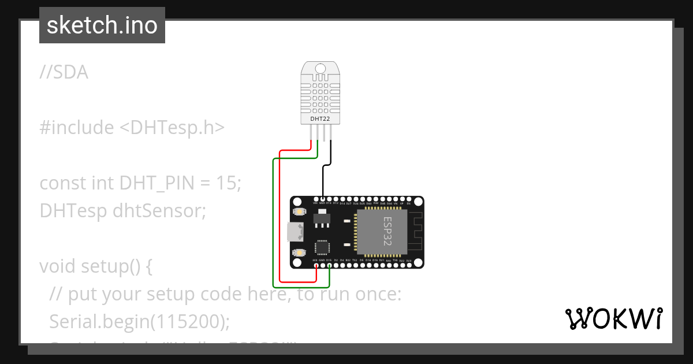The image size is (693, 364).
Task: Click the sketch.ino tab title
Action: (x=102, y=25)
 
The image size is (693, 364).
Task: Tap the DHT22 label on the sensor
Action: (x=320, y=118)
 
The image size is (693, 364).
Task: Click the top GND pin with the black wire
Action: (x=322, y=199)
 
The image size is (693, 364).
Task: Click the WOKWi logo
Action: (x=613, y=318)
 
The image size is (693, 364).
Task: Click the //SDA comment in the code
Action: (x=64, y=72)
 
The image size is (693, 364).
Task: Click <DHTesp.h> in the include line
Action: (x=172, y=128)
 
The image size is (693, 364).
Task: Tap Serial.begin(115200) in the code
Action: (x=140, y=321)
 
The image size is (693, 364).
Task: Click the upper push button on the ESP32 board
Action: (x=299, y=212)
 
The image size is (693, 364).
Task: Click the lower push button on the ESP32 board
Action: (x=299, y=252)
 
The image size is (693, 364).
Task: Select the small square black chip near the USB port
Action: (x=322, y=248)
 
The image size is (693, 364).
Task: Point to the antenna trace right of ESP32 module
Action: (x=416, y=232)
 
